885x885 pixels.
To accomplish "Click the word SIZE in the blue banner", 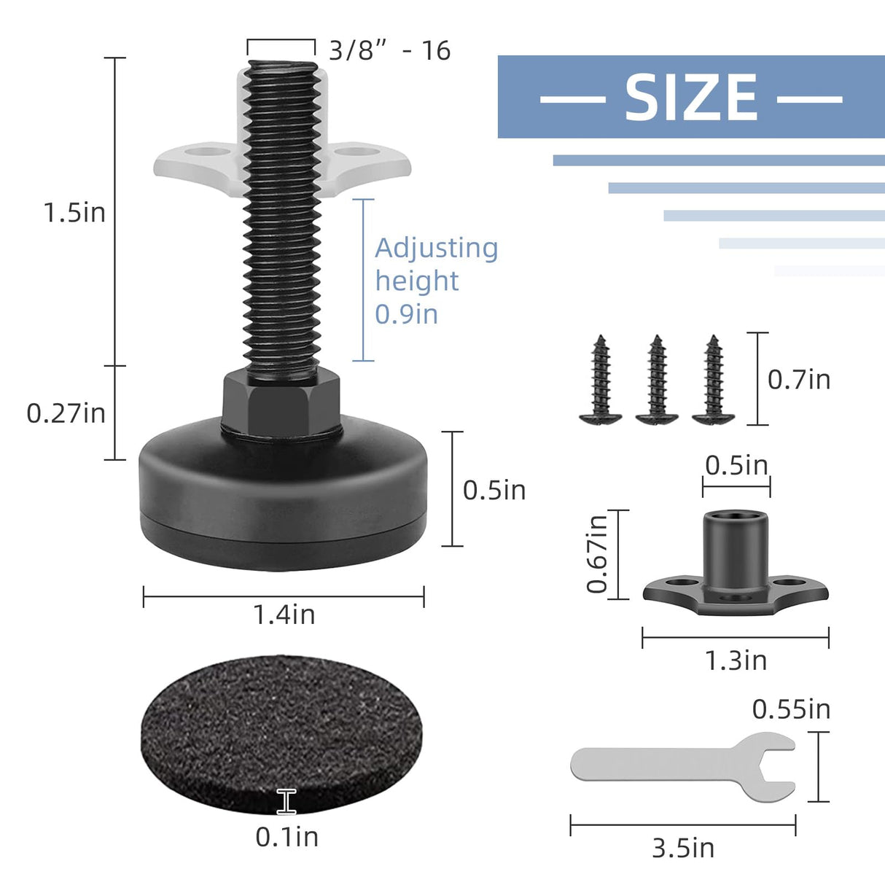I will tap(691, 98).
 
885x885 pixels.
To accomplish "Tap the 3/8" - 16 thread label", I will tap(389, 51).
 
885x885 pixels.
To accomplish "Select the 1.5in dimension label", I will tap(74, 213).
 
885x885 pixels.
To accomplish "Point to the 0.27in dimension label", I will tap(66, 413).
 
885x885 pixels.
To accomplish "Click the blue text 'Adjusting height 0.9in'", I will tap(435, 281).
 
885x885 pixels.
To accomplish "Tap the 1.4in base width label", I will tap(284, 615).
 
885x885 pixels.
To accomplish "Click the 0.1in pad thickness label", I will tap(286, 837).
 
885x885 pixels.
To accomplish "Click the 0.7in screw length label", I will tap(799, 380).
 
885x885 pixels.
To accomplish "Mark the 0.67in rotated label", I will tap(597, 554).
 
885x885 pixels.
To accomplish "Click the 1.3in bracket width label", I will tap(736, 660).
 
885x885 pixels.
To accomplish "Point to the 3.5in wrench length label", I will tap(683, 849).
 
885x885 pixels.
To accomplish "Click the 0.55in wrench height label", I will tap(791, 709).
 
